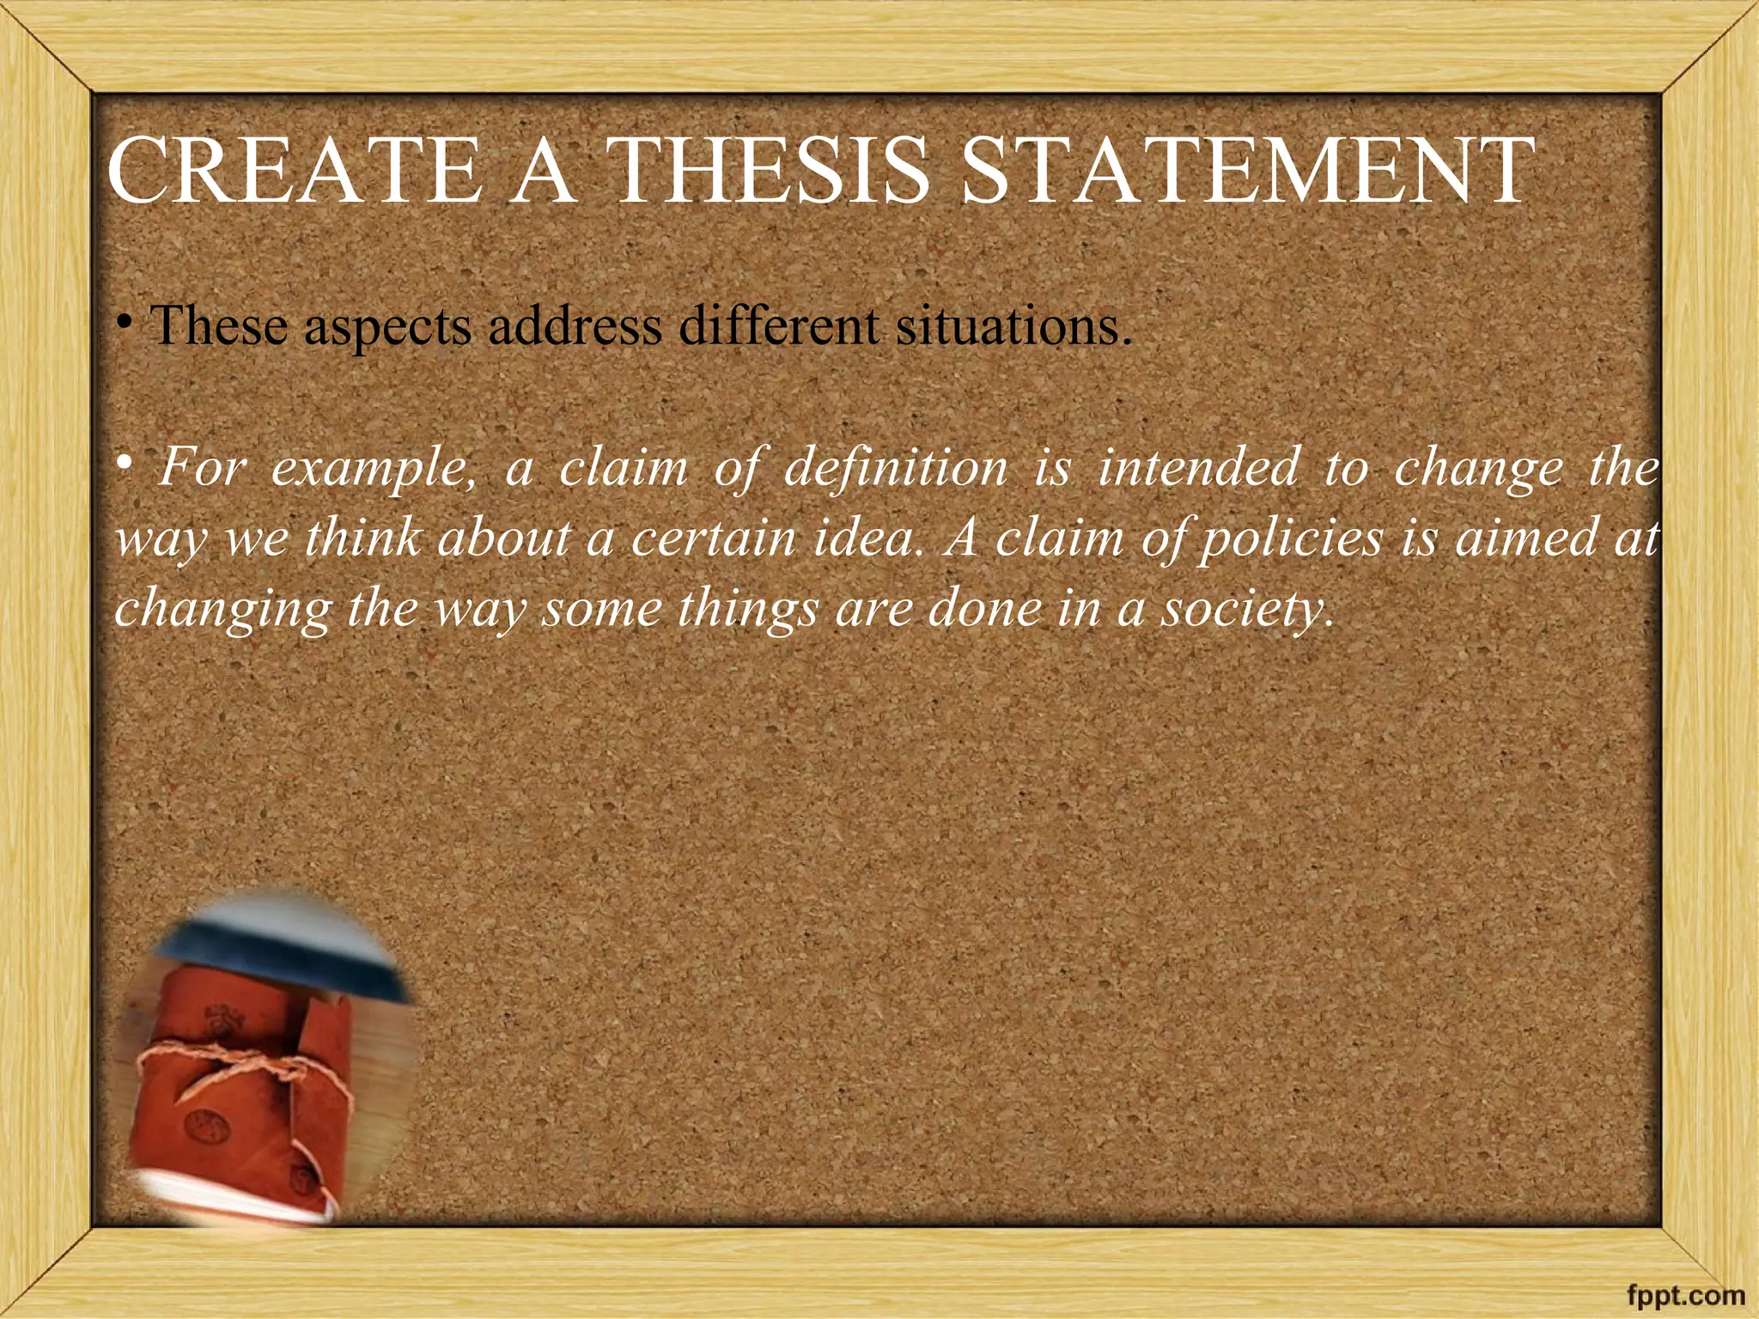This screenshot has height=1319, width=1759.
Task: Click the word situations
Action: coord(1013,326)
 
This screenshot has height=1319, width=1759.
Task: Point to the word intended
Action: coord(1198,469)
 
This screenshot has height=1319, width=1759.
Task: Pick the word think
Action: coord(362,539)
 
